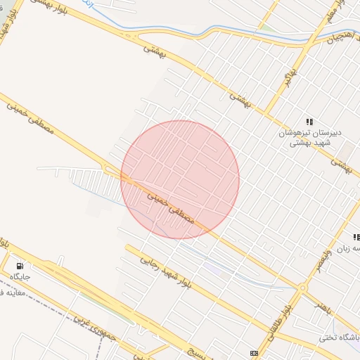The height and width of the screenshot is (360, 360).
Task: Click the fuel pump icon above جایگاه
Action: click(20, 266)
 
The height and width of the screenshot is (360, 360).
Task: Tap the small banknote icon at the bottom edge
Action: click(253, 352)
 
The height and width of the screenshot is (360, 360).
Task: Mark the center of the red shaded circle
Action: click(180, 180)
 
